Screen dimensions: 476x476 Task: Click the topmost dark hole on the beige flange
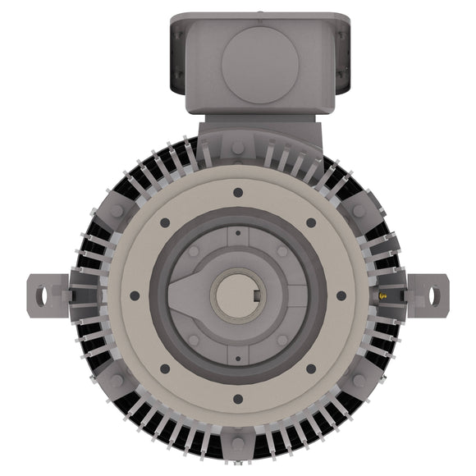(237, 192)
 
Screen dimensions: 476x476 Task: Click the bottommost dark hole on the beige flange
(237, 400)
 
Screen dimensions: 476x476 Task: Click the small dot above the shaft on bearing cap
(237, 233)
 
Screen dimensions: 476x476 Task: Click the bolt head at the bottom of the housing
(237, 444)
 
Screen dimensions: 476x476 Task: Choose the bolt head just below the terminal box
(237, 148)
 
